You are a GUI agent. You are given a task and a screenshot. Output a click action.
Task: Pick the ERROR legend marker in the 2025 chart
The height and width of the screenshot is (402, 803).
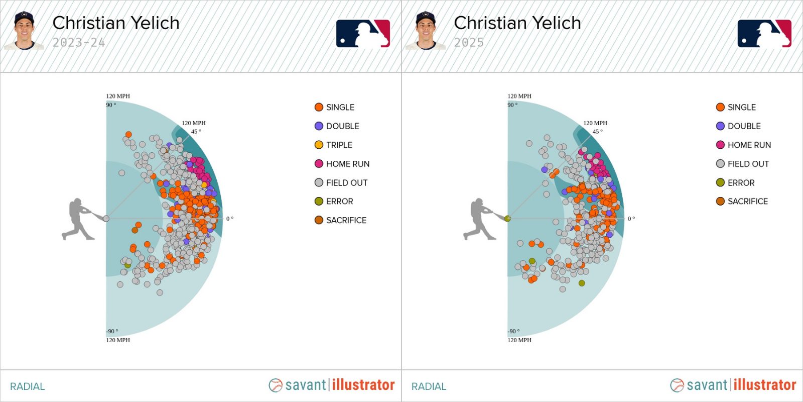point(720,182)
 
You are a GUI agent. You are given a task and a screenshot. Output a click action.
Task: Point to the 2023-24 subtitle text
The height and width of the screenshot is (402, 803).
point(79,43)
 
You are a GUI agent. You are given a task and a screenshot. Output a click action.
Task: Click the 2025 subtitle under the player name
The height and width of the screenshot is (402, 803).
point(469,43)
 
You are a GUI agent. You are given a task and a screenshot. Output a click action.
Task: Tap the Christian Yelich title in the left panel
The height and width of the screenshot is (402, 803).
point(116,23)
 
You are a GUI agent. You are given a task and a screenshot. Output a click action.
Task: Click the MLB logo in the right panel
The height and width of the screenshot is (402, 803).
point(764,34)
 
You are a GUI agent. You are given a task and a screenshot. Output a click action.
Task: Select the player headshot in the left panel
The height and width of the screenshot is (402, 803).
point(24,31)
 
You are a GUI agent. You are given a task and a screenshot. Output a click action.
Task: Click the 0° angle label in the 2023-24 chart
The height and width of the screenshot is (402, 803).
point(230,219)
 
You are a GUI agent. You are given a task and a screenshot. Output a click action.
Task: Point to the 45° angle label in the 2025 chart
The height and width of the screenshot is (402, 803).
point(597,132)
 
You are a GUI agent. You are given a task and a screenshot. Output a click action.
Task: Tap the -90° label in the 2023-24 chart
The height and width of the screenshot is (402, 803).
point(112,331)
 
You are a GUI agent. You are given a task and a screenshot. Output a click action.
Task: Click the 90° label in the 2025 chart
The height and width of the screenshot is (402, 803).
point(512,105)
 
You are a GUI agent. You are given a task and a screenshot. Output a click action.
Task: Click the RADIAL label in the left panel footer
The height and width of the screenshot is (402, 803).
point(28,386)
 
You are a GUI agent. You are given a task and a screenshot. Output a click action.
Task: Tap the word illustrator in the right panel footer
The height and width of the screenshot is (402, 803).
point(765,385)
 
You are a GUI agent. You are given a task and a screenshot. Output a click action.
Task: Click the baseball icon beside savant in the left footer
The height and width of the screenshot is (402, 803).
point(276,385)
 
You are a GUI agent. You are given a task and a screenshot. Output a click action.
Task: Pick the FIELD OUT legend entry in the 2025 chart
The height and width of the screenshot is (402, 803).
point(748,164)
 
